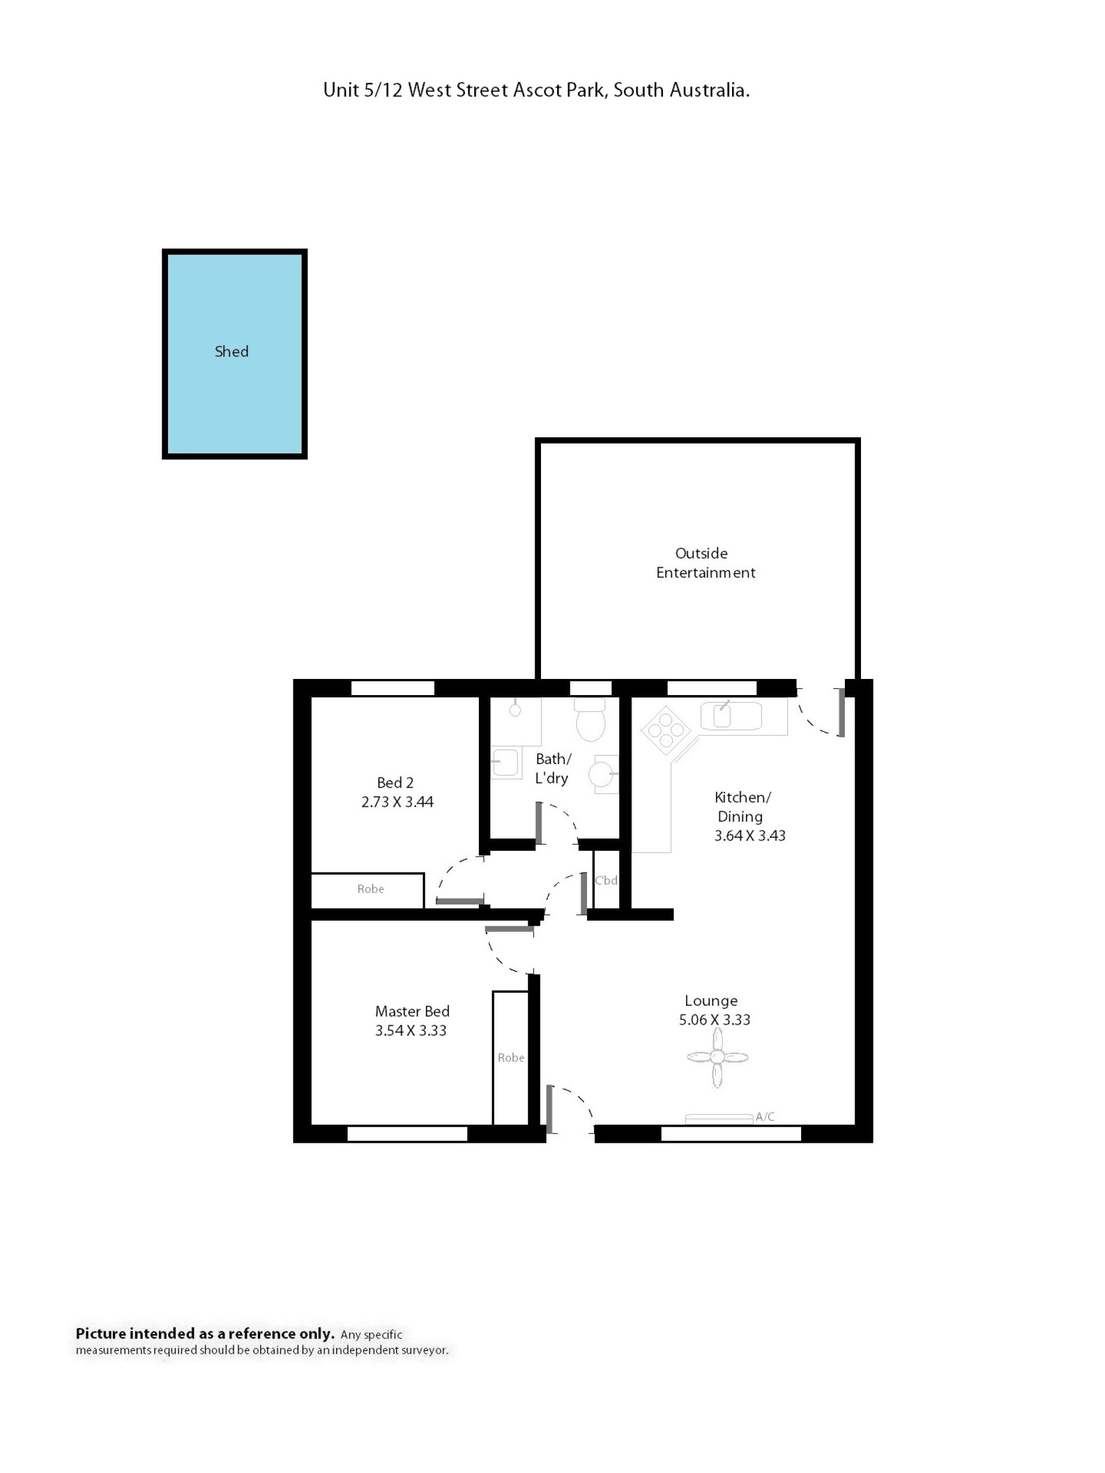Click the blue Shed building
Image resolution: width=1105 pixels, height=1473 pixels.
point(234,354)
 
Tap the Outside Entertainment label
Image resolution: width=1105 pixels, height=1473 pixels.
point(704,563)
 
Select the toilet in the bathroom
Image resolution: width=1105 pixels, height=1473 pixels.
point(590,719)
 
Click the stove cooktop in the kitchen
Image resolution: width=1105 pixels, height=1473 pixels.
point(665,730)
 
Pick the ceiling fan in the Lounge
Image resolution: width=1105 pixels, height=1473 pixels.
point(717,1057)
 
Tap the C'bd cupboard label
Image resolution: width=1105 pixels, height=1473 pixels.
point(606,880)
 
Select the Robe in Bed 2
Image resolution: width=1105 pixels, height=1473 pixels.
point(368,890)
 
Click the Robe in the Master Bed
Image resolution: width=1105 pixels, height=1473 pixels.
point(511,1058)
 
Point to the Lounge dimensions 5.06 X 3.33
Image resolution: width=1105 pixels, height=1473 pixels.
point(714,1020)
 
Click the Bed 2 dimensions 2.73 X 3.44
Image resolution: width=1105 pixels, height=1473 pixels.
point(397,802)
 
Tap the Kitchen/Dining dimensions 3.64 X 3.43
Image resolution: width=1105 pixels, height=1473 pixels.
point(749,835)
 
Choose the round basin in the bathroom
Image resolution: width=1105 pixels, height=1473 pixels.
point(602,774)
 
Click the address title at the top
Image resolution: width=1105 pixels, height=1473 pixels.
point(536,90)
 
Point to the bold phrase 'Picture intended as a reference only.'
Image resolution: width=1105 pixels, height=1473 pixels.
point(204,1333)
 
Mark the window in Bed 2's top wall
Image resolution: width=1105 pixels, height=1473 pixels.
point(393,688)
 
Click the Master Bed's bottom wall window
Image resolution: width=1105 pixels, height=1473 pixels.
point(407,1134)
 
